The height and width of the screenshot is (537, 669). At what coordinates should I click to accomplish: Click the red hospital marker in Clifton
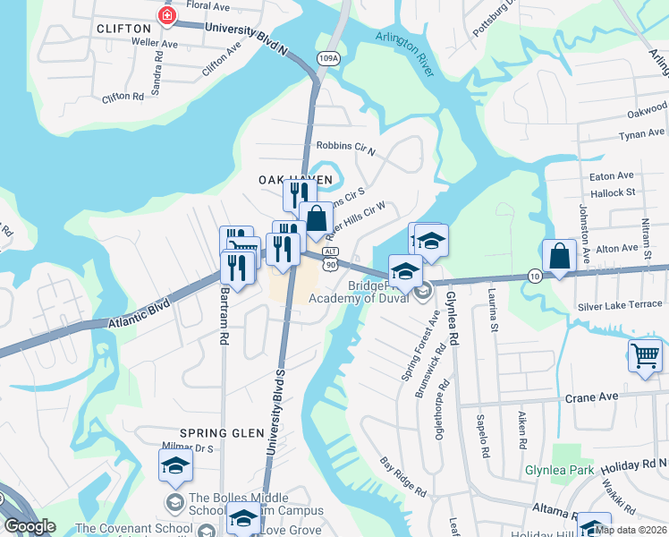tap(165, 15)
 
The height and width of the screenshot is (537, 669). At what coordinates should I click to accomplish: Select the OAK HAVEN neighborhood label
tap(295, 180)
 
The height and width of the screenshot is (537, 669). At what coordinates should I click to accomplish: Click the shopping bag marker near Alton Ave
tap(559, 256)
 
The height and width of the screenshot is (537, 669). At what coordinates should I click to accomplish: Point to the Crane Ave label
tap(590, 396)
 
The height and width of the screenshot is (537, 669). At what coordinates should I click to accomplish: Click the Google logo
tap(30, 526)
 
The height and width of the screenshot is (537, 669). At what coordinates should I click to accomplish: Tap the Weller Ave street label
tap(155, 42)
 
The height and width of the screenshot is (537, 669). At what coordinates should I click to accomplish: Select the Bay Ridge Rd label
tap(402, 477)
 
